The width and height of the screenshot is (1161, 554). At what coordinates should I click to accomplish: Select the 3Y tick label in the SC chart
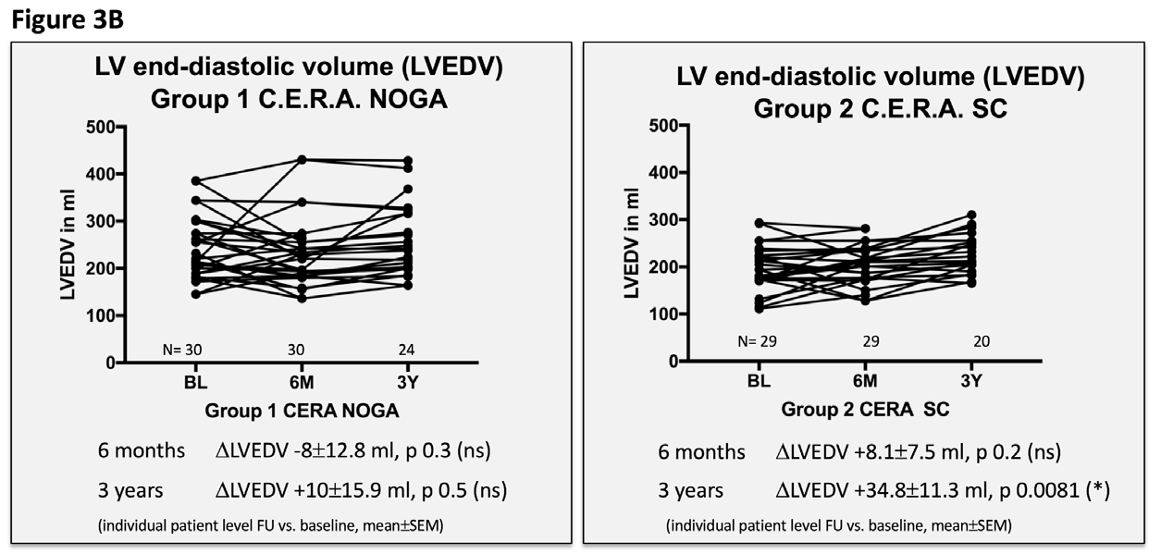point(971,380)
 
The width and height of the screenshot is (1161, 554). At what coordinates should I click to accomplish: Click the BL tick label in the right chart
point(759,380)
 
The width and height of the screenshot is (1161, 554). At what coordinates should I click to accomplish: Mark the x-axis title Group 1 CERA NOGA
point(296,408)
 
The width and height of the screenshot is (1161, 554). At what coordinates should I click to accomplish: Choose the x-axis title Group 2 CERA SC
point(865,408)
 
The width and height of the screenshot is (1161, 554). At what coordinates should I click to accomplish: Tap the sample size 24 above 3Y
point(406,350)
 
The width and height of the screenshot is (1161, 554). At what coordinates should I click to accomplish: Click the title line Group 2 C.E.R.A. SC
point(865,107)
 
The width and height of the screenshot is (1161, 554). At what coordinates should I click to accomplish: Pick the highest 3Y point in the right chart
point(971,215)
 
